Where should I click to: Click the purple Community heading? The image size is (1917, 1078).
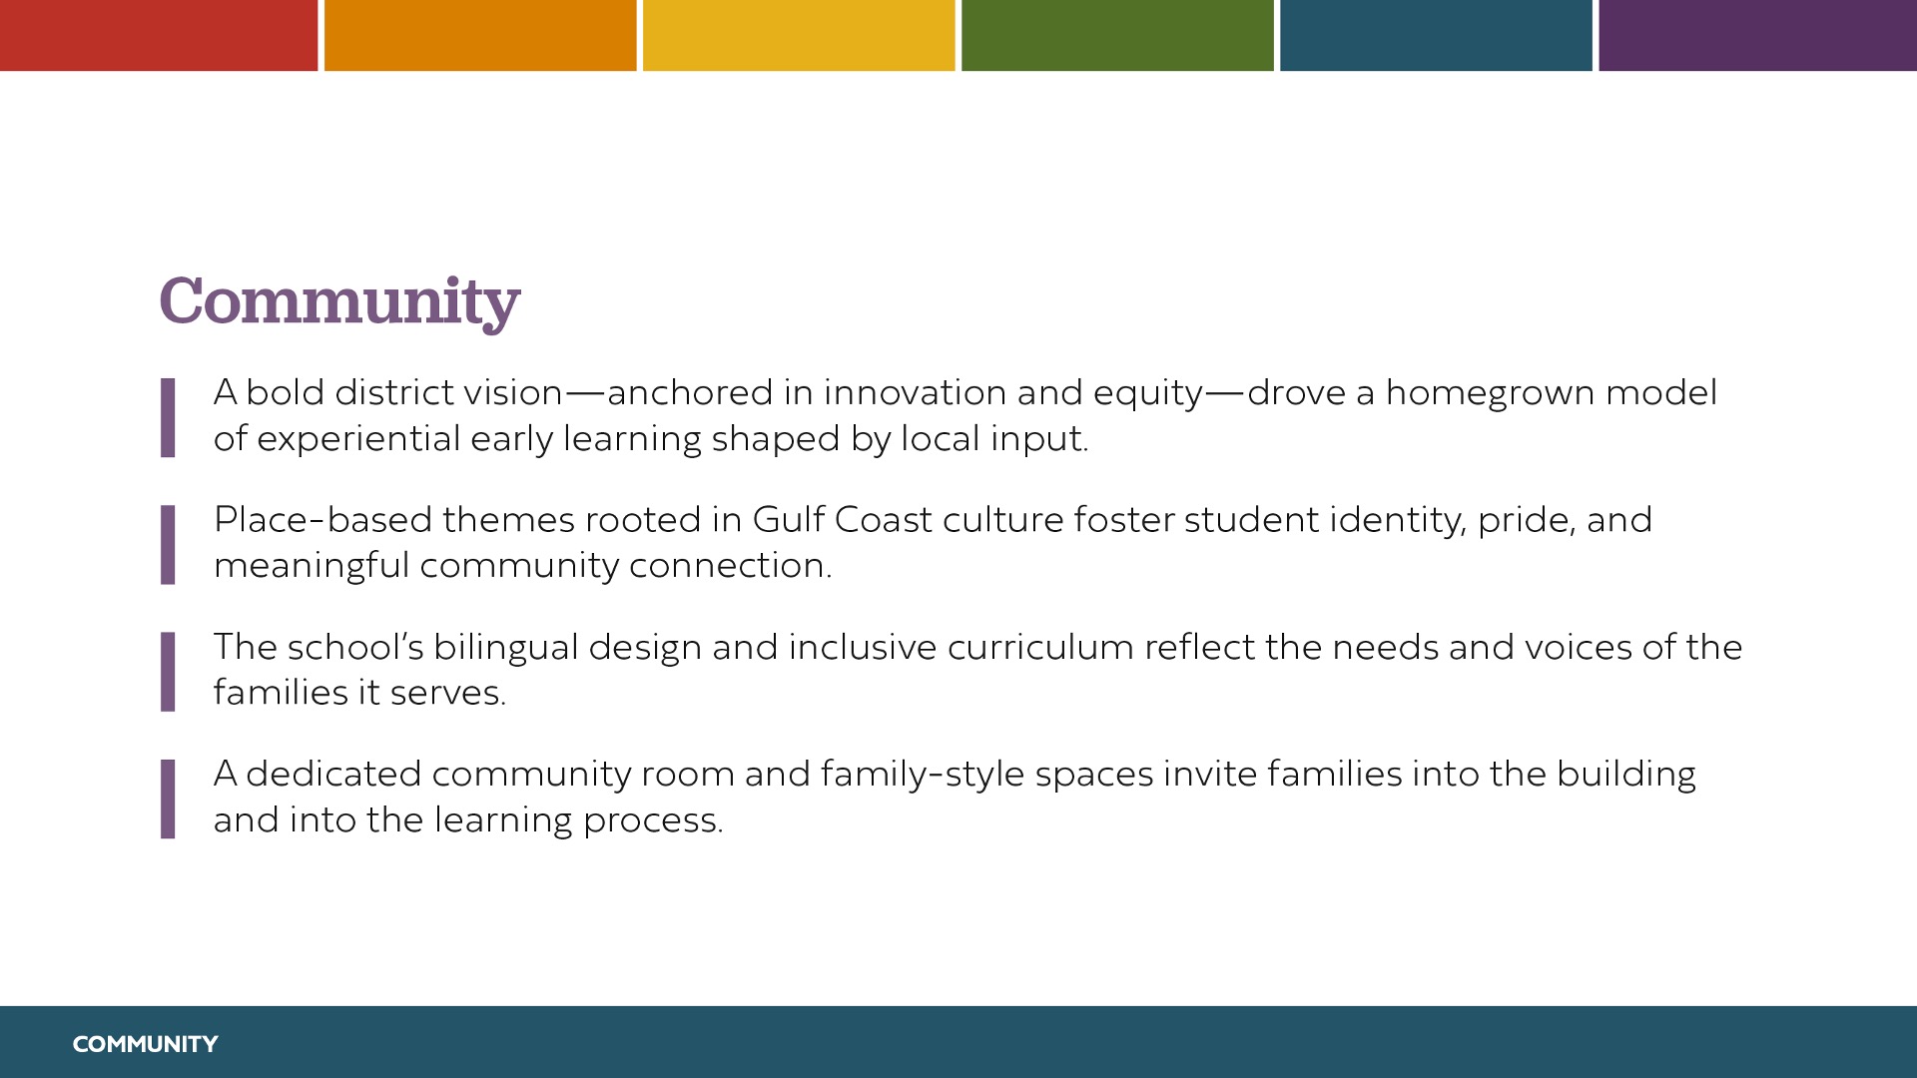tap(339, 301)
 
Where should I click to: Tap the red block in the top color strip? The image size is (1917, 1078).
tap(159, 35)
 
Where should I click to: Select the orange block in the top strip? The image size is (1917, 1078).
tap(480, 35)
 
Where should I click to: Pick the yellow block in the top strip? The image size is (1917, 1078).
tap(799, 35)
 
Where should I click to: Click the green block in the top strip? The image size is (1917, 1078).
tap(1117, 35)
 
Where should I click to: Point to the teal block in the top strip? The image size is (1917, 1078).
tap(1436, 35)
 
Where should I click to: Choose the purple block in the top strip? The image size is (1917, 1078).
tap(1757, 35)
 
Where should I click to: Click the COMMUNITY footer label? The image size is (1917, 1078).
tap(145, 1044)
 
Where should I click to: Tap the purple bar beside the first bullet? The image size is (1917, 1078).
tap(168, 417)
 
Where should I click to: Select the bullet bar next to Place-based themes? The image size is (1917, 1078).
tap(168, 544)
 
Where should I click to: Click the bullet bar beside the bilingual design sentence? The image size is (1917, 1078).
tap(168, 672)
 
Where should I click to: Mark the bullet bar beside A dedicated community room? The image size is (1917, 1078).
tap(168, 799)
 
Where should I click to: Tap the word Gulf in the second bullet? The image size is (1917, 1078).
tap(789, 520)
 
